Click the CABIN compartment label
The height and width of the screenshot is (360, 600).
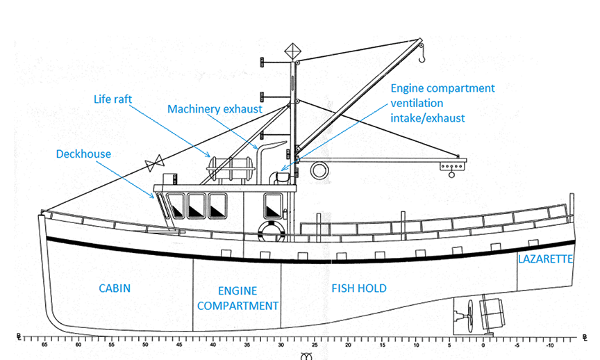point(115,288)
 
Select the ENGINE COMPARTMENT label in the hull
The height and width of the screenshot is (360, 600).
point(238,298)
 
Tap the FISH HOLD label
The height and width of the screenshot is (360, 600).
point(358,288)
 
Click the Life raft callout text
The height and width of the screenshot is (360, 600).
point(112,99)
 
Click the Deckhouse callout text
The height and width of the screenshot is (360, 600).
point(83,154)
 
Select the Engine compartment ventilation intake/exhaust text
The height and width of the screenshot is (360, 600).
point(442,103)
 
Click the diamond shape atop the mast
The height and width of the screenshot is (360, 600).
point(292,51)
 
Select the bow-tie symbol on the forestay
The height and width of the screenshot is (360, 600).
point(153,164)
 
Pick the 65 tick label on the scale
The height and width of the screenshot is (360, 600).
point(44,344)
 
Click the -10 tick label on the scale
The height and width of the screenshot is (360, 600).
point(549,344)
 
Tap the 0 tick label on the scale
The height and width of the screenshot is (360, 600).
point(483,344)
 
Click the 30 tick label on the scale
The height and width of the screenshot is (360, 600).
point(281,344)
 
